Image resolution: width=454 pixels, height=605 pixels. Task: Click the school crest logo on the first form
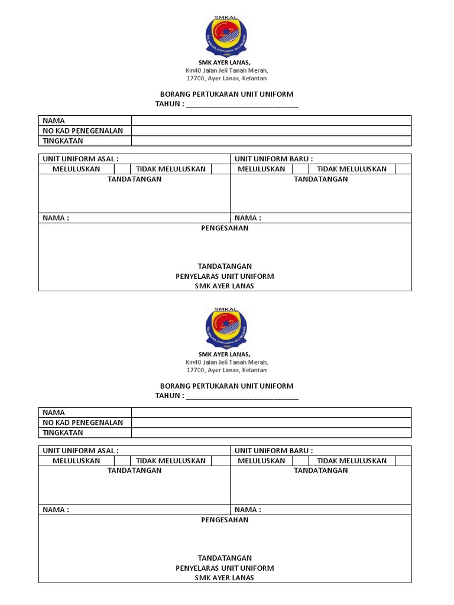[x=227, y=37]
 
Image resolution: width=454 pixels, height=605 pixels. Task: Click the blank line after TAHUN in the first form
[x=242, y=105]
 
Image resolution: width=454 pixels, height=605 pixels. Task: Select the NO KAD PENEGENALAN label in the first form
[x=83, y=131]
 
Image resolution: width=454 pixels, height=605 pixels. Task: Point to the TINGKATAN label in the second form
[x=63, y=432]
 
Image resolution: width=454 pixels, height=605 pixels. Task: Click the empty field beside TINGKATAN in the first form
[x=271, y=141]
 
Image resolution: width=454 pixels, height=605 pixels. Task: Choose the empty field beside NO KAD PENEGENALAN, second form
[x=271, y=422]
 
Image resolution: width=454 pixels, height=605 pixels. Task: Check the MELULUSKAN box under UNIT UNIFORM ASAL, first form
[x=122, y=169]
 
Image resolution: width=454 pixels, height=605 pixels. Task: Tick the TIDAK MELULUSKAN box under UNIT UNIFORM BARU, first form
[x=403, y=169]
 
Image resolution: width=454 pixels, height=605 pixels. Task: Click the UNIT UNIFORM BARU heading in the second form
[x=274, y=451]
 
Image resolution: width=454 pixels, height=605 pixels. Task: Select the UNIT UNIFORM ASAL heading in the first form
[x=80, y=159]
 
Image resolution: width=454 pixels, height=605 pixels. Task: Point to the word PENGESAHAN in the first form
[x=225, y=228]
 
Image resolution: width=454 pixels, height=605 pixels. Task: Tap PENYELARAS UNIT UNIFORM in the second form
[x=225, y=568]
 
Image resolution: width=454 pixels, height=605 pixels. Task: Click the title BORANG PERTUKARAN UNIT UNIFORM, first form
[x=227, y=95]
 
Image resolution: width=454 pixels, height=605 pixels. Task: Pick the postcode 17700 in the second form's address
[x=195, y=370]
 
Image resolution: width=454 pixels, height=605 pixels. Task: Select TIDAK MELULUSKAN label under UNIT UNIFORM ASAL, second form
[x=171, y=461]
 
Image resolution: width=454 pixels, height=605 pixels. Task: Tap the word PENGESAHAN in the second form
[x=225, y=520]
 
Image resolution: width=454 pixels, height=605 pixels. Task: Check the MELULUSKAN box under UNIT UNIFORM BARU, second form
[x=301, y=461]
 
